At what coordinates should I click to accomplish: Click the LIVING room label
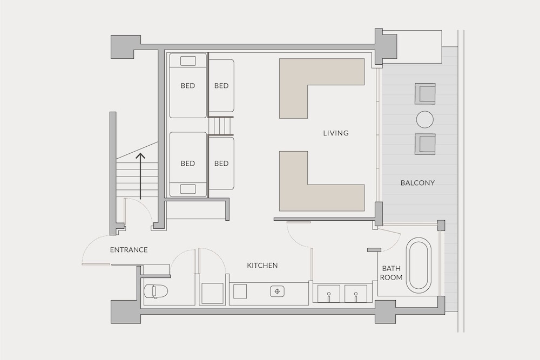[336, 133]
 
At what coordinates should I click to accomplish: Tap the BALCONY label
[417, 183]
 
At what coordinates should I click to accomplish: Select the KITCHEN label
[262, 266]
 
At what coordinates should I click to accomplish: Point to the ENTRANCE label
[129, 250]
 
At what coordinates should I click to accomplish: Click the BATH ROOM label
[391, 273]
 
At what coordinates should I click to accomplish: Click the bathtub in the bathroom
[419, 264]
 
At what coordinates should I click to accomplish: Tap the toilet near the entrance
[156, 291]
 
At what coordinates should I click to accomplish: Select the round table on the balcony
[425, 119]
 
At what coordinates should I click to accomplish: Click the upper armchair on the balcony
[425, 93]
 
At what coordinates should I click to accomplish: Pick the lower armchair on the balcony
[425, 144]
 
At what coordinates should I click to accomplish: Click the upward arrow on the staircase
[140, 176]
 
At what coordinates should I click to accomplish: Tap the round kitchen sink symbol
[277, 291]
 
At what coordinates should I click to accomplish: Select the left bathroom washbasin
[328, 294]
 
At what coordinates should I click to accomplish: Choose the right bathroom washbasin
[356, 294]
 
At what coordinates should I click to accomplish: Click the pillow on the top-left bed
[188, 61]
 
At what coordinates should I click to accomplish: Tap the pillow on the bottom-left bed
[188, 189]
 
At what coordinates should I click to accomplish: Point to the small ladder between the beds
[221, 126]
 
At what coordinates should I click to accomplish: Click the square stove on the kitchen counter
[240, 291]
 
